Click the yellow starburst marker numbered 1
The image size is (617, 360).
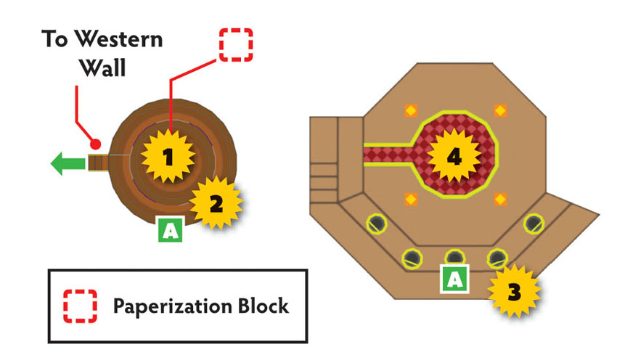tap(168, 157)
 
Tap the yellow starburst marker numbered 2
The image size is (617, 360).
tap(216, 203)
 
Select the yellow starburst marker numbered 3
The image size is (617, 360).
tap(514, 291)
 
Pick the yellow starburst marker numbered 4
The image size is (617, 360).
tap(454, 157)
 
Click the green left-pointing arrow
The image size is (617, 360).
tap(68, 164)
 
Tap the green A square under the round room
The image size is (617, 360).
tap(171, 229)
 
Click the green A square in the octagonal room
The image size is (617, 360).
tap(455, 279)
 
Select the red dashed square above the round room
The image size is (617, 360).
tap(236, 45)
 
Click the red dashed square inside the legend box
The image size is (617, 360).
tap(81, 306)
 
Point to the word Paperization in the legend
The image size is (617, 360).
tap(173, 306)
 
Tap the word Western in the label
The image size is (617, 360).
tap(118, 39)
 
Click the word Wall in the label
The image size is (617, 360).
tap(103, 67)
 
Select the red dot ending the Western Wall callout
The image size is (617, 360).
tap(96, 144)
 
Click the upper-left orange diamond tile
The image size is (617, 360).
tap(411, 110)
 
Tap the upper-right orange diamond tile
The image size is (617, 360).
tap(501, 110)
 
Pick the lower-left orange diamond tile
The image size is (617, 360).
tap(411, 200)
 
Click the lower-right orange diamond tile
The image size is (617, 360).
tap(501, 200)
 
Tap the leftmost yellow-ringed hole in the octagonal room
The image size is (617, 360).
tap(377, 224)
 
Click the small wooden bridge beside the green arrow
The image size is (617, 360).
tap(98, 163)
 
